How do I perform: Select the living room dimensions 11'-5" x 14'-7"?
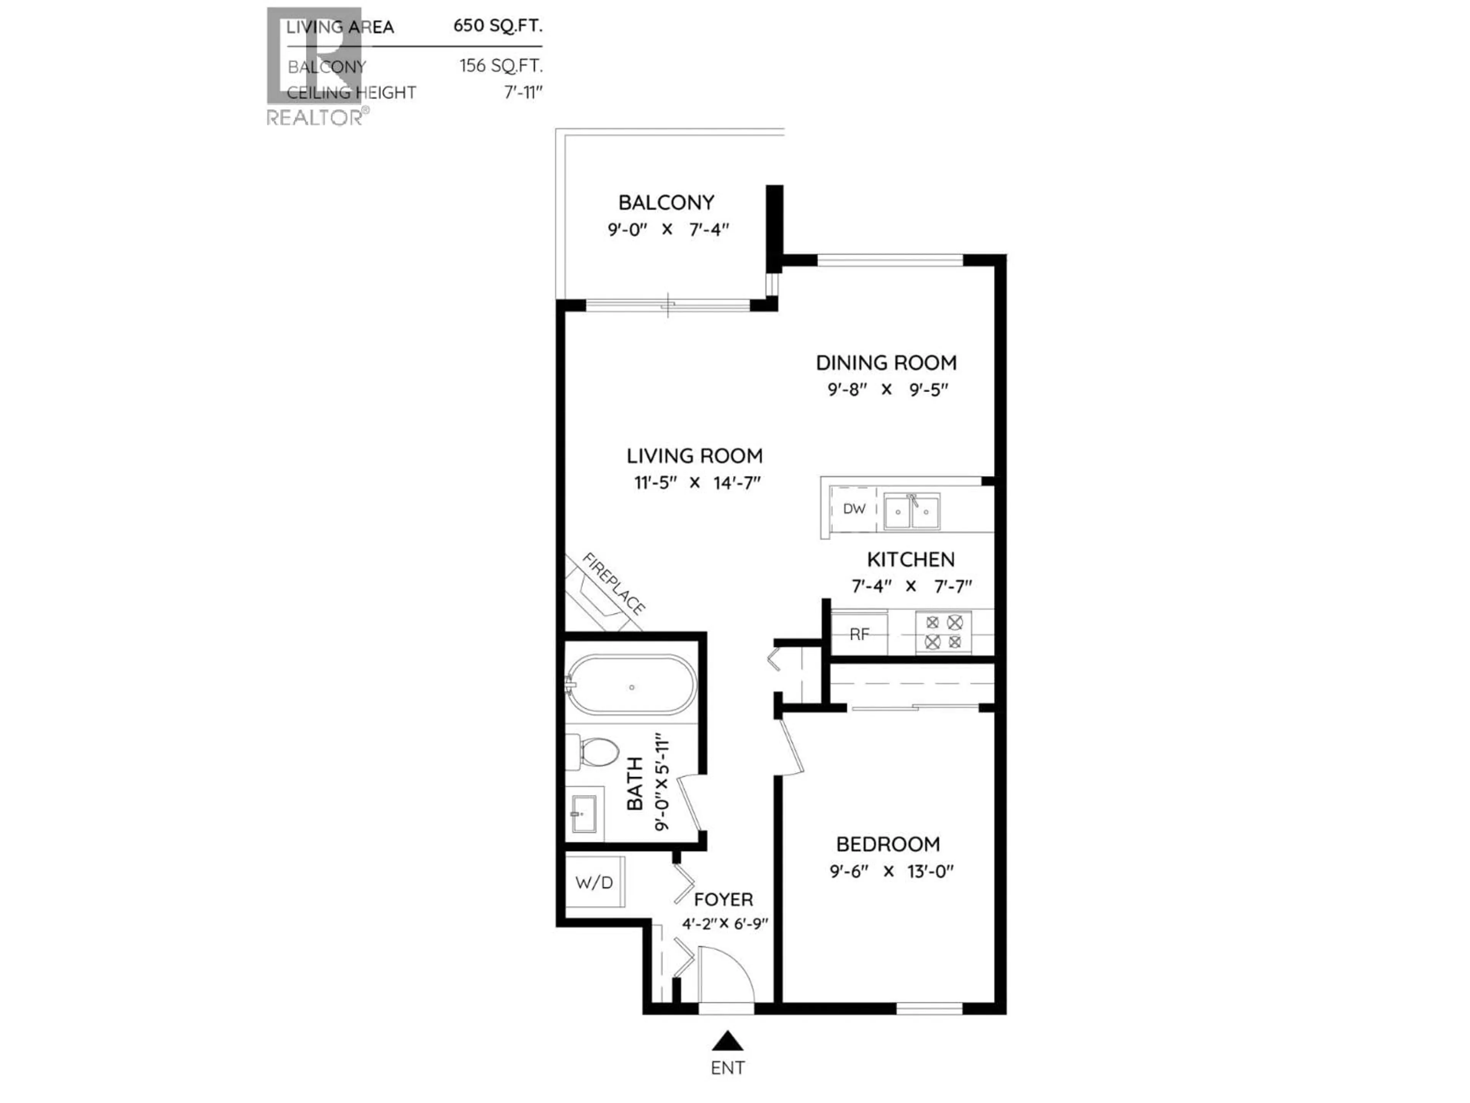(x=696, y=483)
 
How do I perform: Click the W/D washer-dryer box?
(x=594, y=882)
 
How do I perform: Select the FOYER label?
(x=724, y=900)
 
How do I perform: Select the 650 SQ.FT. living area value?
(x=498, y=26)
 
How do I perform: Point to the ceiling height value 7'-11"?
(x=523, y=92)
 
